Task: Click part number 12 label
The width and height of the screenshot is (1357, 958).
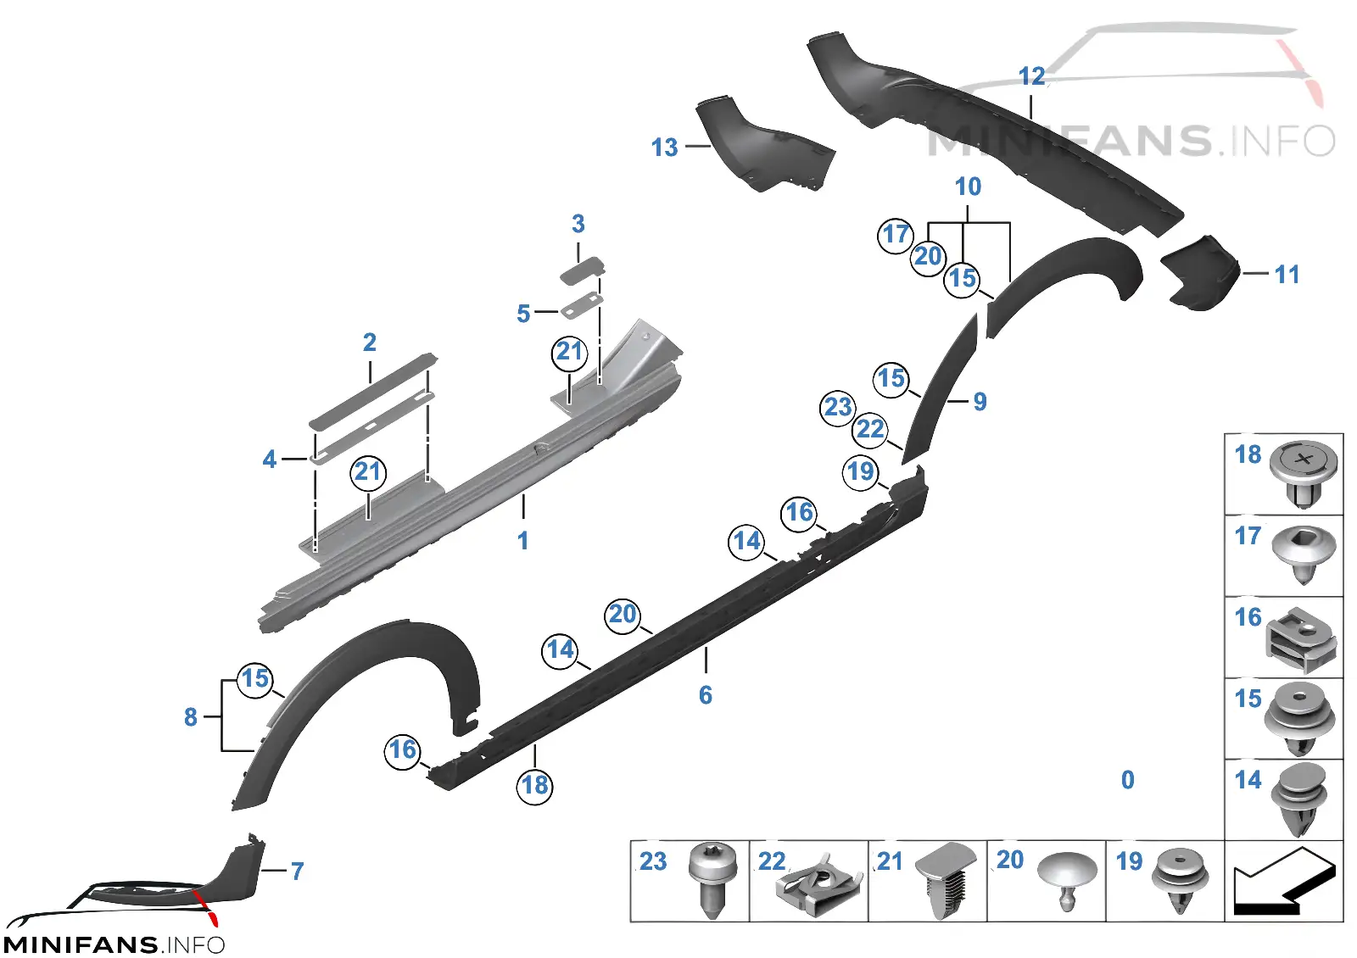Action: point(1031,76)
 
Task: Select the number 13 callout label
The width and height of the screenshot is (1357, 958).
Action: point(665,148)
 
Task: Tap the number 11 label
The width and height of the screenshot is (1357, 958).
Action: point(1287,275)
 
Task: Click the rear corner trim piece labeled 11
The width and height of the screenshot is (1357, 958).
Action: point(1200,273)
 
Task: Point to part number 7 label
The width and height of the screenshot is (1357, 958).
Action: point(297,872)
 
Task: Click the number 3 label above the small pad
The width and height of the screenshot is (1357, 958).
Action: point(578,224)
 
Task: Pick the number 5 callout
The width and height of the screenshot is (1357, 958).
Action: point(523,314)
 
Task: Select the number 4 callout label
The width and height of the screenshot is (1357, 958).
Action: point(270,459)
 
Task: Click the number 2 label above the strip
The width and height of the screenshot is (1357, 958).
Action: point(370,343)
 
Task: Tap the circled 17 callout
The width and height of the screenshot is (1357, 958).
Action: point(896,235)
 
